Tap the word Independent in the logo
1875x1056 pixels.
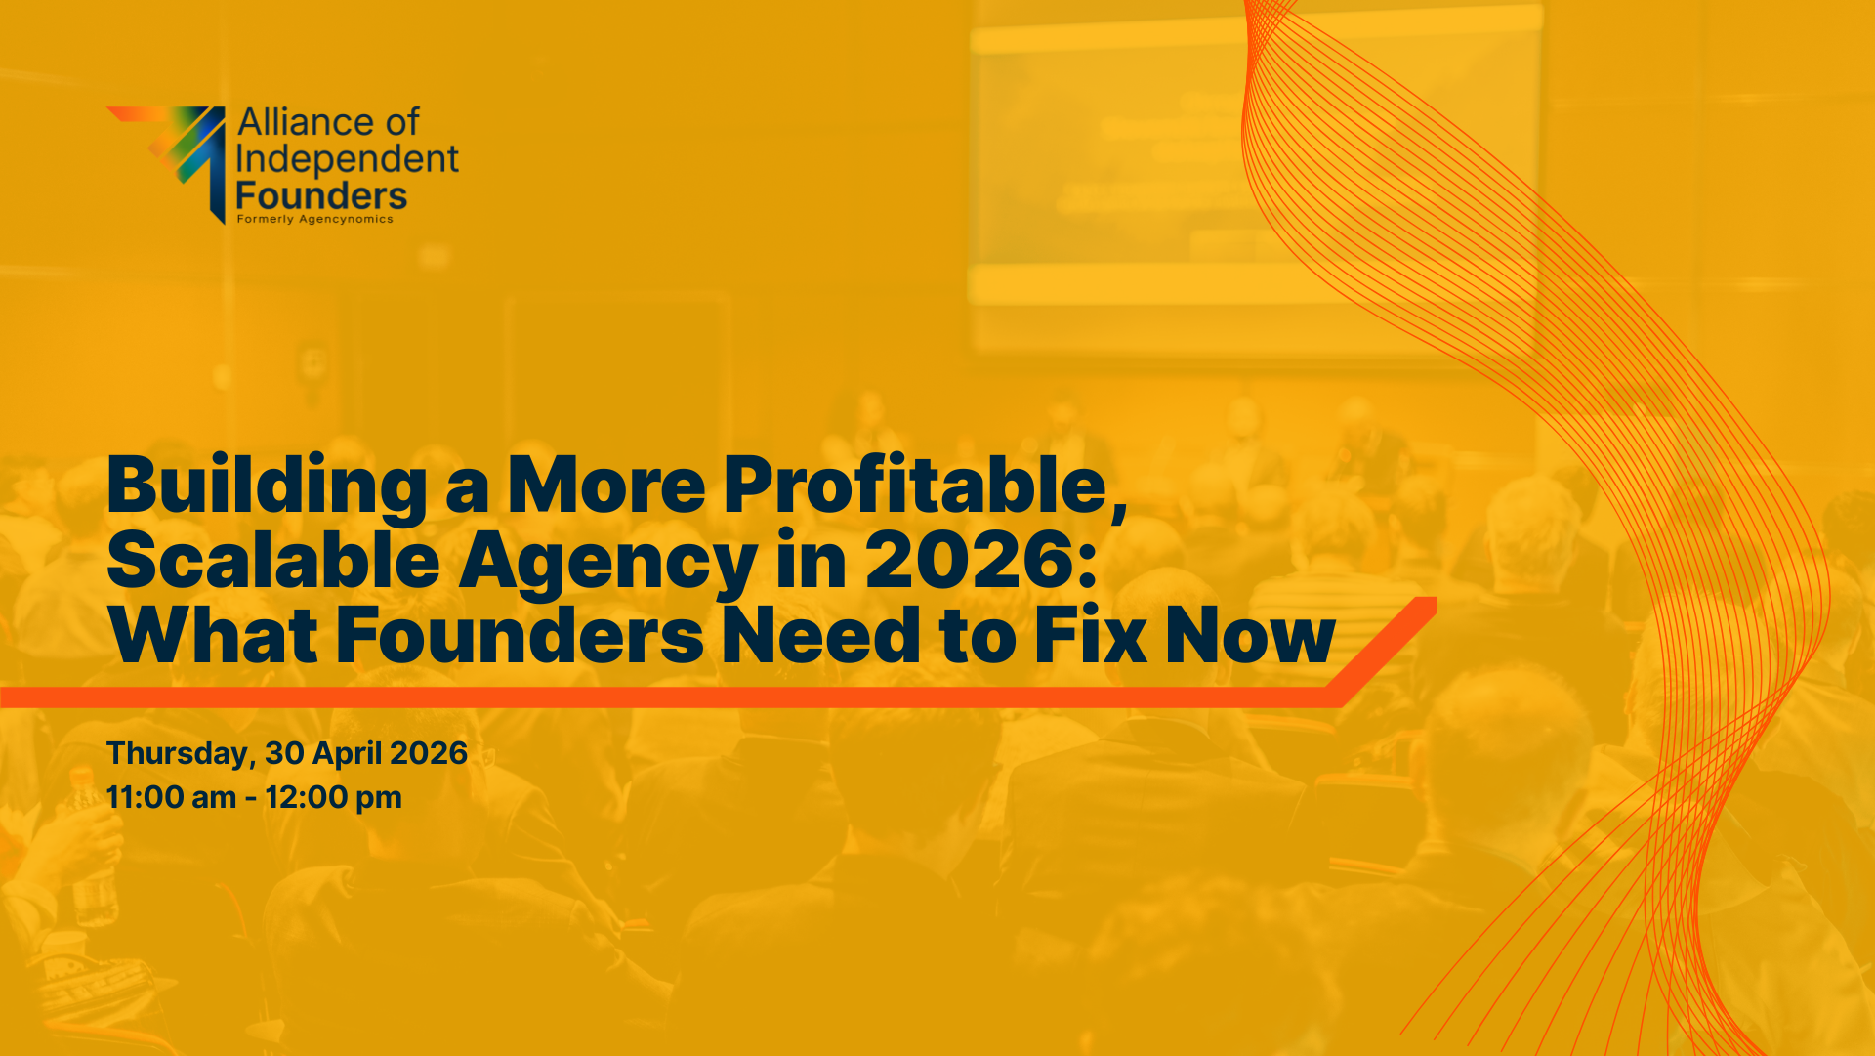tap(347, 159)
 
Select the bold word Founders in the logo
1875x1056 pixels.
tap(321, 195)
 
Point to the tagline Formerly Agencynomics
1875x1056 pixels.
tap(314, 219)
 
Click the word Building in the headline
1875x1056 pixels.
tap(267, 486)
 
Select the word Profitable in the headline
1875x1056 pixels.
tap(925, 485)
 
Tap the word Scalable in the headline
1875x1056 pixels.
tap(273, 560)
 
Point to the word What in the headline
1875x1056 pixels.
tap(213, 635)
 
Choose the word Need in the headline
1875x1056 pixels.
tap(821, 635)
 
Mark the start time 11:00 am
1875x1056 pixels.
tap(171, 797)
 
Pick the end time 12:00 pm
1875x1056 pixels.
tap(333, 798)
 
